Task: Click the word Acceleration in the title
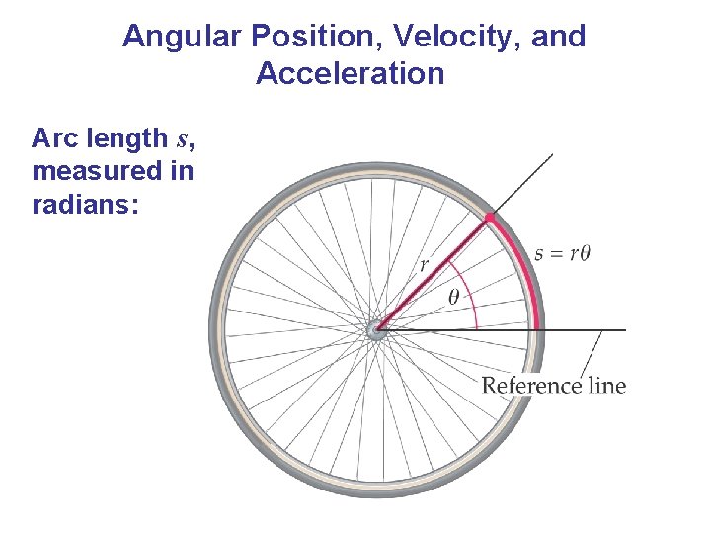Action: (x=350, y=74)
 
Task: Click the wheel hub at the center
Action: (x=376, y=330)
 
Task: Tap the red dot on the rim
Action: (x=489, y=217)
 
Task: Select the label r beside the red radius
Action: (x=425, y=264)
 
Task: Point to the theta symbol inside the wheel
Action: (x=454, y=296)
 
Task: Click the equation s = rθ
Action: (x=562, y=252)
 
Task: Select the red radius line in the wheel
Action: (x=434, y=272)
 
